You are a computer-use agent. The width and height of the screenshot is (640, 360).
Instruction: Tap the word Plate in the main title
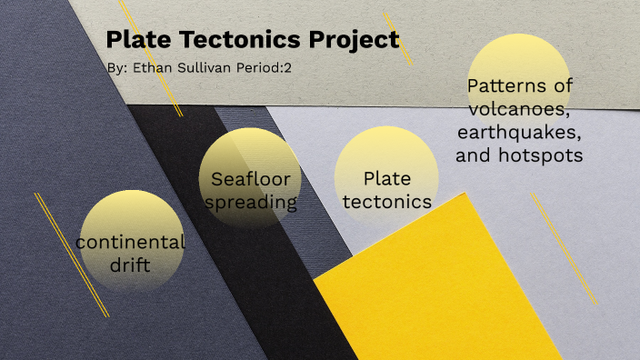(x=135, y=41)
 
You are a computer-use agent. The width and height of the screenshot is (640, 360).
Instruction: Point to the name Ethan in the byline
(x=153, y=68)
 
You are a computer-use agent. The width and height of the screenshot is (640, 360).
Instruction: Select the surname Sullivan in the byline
(x=206, y=68)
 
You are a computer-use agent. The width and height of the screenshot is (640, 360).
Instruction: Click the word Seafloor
(x=250, y=179)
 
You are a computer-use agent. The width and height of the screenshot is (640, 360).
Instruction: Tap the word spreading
(x=251, y=202)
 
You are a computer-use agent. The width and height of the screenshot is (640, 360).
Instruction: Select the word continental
(x=131, y=243)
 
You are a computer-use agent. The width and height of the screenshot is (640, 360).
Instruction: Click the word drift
(x=130, y=265)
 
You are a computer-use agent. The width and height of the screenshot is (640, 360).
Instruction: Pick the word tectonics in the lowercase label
(x=387, y=202)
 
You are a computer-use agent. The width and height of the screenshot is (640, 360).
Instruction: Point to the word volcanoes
(x=518, y=110)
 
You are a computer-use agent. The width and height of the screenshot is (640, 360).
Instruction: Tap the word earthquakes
(x=519, y=133)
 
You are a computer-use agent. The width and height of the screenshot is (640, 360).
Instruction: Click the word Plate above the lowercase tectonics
(x=387, y=178)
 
